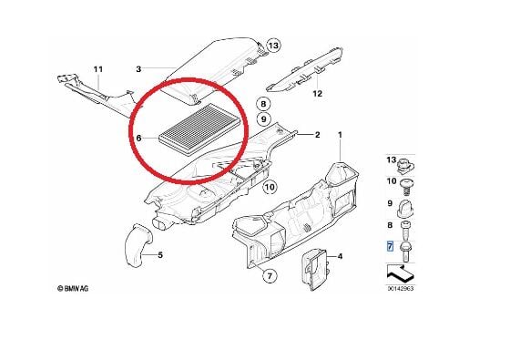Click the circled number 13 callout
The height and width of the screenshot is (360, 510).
point(273,46)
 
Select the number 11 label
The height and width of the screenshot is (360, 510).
point(98,69)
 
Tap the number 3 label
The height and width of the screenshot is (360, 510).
point(138,69)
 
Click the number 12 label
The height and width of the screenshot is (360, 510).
point(317,94)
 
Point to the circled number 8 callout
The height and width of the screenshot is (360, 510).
point(263,104)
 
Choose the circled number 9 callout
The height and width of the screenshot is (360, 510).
point(263,119)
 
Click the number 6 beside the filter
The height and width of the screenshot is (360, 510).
point(138,139)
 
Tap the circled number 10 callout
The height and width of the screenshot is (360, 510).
point(270,187)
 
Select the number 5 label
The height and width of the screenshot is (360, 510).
point(160,255)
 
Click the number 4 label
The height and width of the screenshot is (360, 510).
point(340,256)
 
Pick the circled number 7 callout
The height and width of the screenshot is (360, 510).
point(270,276)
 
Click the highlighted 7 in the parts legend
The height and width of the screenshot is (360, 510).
point(390,246)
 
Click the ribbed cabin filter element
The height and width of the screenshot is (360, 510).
point(199,129)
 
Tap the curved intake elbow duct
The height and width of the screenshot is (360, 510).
point(138,244)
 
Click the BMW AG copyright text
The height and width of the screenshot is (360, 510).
point(73,288)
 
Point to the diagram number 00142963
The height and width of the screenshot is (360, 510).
point(401,288)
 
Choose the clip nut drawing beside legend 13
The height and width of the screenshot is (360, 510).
point(405,164)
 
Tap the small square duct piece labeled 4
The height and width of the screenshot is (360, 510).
point(315,269)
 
